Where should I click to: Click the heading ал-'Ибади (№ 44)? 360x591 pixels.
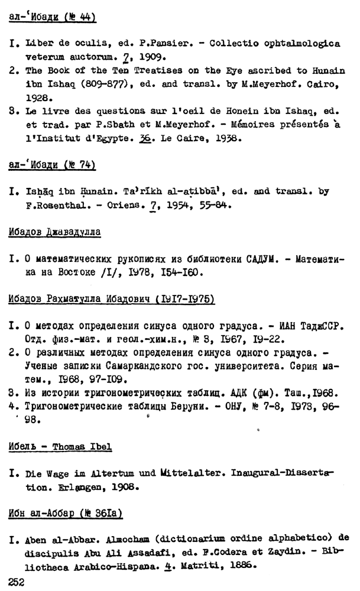(x=53, y=18)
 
